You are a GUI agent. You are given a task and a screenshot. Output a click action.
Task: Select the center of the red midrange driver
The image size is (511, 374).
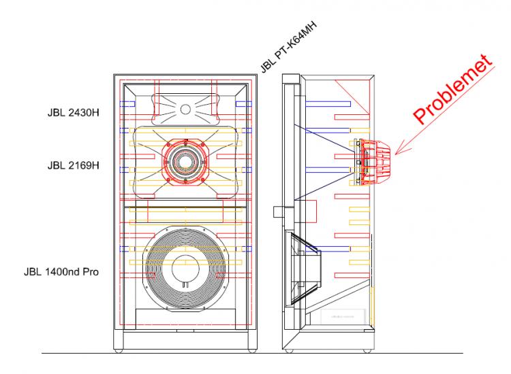[183, 162]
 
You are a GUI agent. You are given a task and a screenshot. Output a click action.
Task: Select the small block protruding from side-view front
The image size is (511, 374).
[277, 211]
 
